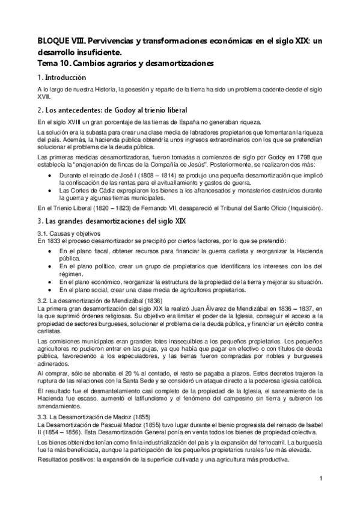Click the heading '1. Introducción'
pyautogui.click(x=62, y=78)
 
